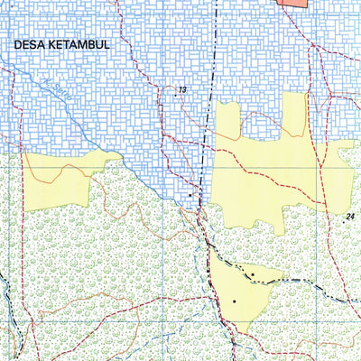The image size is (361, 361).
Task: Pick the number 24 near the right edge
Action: coord(350,217)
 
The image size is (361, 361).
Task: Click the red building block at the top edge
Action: coord(292,4)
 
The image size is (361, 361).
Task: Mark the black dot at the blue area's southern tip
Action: coord(190,194)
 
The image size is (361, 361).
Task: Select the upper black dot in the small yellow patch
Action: coord(253,274)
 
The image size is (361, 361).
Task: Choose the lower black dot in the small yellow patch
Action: coord(234,301)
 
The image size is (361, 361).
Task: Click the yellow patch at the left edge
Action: coord(59,176)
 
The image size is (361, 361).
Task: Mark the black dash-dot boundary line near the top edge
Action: coord(217,36)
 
